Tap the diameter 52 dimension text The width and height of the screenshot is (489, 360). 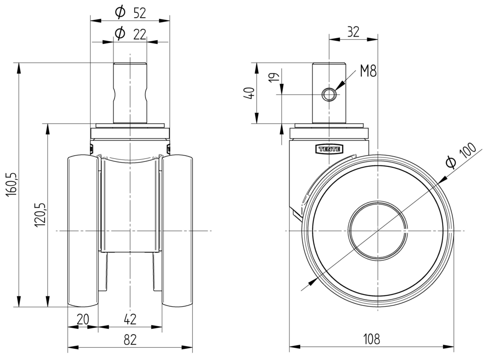[130, 13]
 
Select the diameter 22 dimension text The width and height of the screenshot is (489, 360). [130, 34]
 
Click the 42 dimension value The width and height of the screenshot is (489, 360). [130, 319]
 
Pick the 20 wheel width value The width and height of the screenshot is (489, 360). [83, 319]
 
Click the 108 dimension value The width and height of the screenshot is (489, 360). [371, 338]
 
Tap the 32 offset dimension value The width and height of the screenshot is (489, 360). [353, 32]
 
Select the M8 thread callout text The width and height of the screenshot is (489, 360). [368, 72]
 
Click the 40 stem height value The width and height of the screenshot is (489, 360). [249, 93]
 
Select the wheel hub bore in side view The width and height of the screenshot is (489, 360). [378, 230]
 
